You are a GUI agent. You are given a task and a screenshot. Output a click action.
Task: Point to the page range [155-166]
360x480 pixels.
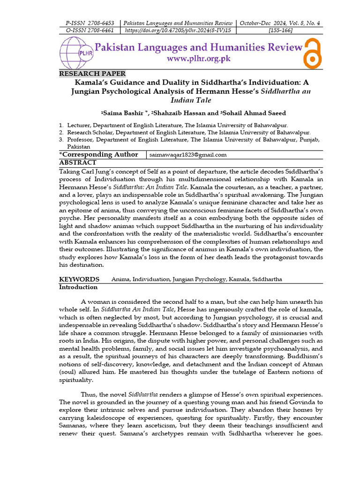click(281, 30)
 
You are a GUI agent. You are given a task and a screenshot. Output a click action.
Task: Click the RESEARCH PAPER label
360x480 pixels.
click(92, 74)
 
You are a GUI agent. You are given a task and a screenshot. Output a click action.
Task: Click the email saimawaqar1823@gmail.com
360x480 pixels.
click(188, 155)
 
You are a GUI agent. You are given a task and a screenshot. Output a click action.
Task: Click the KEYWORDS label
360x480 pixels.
click(79, 279)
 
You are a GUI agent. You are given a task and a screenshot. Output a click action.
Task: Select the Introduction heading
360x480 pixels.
click(78, 287)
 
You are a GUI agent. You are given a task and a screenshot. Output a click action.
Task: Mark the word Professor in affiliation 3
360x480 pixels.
click(81, 140)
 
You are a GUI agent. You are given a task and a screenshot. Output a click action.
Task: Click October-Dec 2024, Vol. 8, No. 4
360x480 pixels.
click(281, 23)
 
